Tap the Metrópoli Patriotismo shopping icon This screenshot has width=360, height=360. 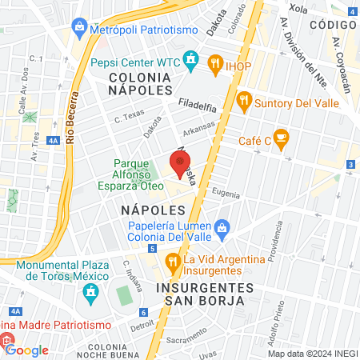(80, 30)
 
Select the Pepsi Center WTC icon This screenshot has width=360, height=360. (190, 60)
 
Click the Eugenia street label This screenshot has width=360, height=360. (228, 193)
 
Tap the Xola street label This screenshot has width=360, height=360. (298, 8)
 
